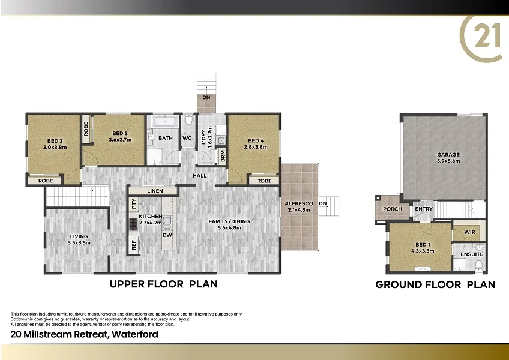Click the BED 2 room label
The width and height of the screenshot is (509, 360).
[x=55, y=140]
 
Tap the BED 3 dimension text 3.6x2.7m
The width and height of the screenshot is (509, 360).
[x=120, y=139]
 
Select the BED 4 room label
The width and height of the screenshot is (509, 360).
[x=255, y=140]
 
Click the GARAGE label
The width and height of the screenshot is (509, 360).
[x=448, y=155]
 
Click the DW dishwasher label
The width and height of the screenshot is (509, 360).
[x=167, y=235]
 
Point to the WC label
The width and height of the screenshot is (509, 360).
[x=187, y=138]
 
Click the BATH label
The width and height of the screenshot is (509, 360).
[x=166, y=138]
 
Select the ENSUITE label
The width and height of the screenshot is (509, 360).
[x=472, y=254]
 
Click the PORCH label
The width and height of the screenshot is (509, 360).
[x=393, y=209]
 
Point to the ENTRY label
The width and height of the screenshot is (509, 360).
[x=423, y=209]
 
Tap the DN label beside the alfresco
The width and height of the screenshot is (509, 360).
[x=323, y=203]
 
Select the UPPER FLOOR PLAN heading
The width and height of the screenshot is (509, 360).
[x=163, y=284]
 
